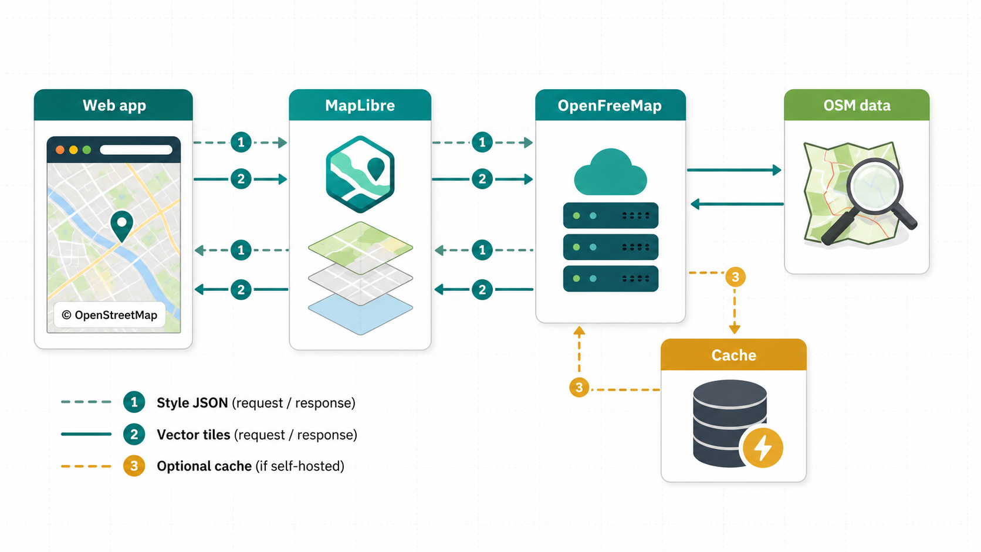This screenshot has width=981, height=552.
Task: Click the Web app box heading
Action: coord(114,106)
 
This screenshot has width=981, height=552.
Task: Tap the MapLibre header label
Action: coord(360,106)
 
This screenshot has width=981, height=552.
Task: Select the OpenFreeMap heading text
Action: coord(610,106)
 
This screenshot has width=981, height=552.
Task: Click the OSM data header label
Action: coord(857,106)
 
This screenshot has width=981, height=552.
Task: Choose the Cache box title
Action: coord(733,355)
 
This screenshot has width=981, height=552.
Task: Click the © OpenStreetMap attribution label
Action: coord(110,315)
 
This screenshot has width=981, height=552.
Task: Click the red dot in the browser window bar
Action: coord(60,150)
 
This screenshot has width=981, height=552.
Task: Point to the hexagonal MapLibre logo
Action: coord(360,174)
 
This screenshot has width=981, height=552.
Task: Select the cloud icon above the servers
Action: coord(610,172)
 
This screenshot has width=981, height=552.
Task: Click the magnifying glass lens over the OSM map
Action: coord(874,187)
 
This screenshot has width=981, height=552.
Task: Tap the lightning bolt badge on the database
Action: coord(763,448)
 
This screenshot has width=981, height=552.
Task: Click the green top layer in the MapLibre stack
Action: coord(360,248)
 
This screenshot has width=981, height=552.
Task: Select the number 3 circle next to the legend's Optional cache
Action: coord(134,466)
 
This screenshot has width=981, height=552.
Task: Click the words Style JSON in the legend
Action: coord(192,403)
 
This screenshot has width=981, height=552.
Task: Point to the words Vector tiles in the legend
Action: coord(194,435)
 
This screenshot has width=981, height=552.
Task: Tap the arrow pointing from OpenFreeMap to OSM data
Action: coord(734,170)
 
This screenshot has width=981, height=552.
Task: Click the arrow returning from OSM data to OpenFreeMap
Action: coord(737,204)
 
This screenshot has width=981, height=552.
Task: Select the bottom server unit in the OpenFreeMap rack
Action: coord(611,279)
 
